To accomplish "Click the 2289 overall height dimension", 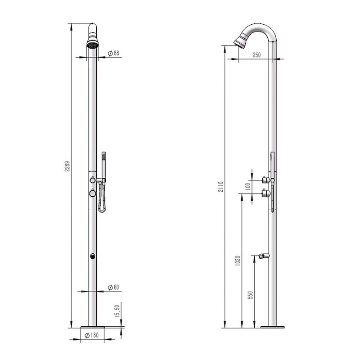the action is click(x=67, y=166).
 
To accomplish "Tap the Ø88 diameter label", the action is click(x=114, y=53).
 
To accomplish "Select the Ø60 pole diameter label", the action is click(x=114, y=288).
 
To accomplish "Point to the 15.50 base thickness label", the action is click(x=117, y=311).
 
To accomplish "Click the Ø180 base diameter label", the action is click(x=92, y=335).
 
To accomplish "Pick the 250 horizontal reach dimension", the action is click(x=256, y=55).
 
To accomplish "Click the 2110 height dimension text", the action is click(x=220, y=187).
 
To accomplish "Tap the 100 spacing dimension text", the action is click(x=247, y=187).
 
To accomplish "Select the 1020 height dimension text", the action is click(x=238, y=261).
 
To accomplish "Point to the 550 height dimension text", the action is click(x=251, y=295).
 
